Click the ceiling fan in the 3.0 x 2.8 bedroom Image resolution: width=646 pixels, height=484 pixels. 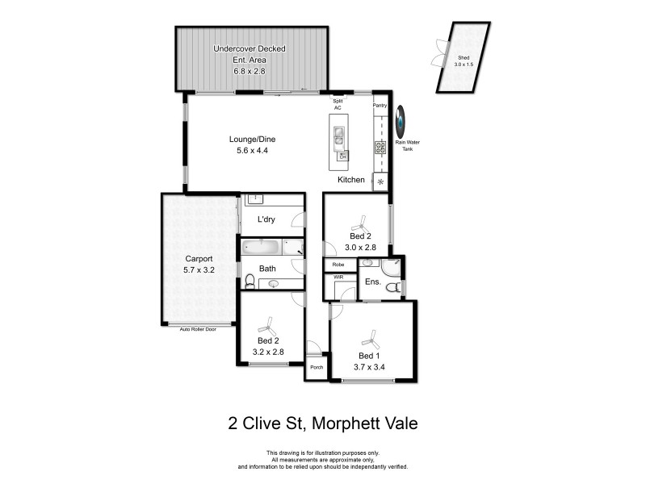point(362,219)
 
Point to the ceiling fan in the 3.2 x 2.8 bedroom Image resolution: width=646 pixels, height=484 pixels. point(265,326)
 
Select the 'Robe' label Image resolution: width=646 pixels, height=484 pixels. point(339,264)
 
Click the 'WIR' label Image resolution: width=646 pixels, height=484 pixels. point(338,277)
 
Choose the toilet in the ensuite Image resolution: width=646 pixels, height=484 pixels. point(392,288)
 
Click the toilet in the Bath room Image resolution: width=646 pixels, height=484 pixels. point(250,281)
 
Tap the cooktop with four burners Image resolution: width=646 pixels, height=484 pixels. point(379,147)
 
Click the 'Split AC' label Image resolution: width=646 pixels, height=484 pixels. point(338,104)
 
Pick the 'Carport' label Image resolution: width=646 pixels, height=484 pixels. point(199,259)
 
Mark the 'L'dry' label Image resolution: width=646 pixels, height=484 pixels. point(266,220)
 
